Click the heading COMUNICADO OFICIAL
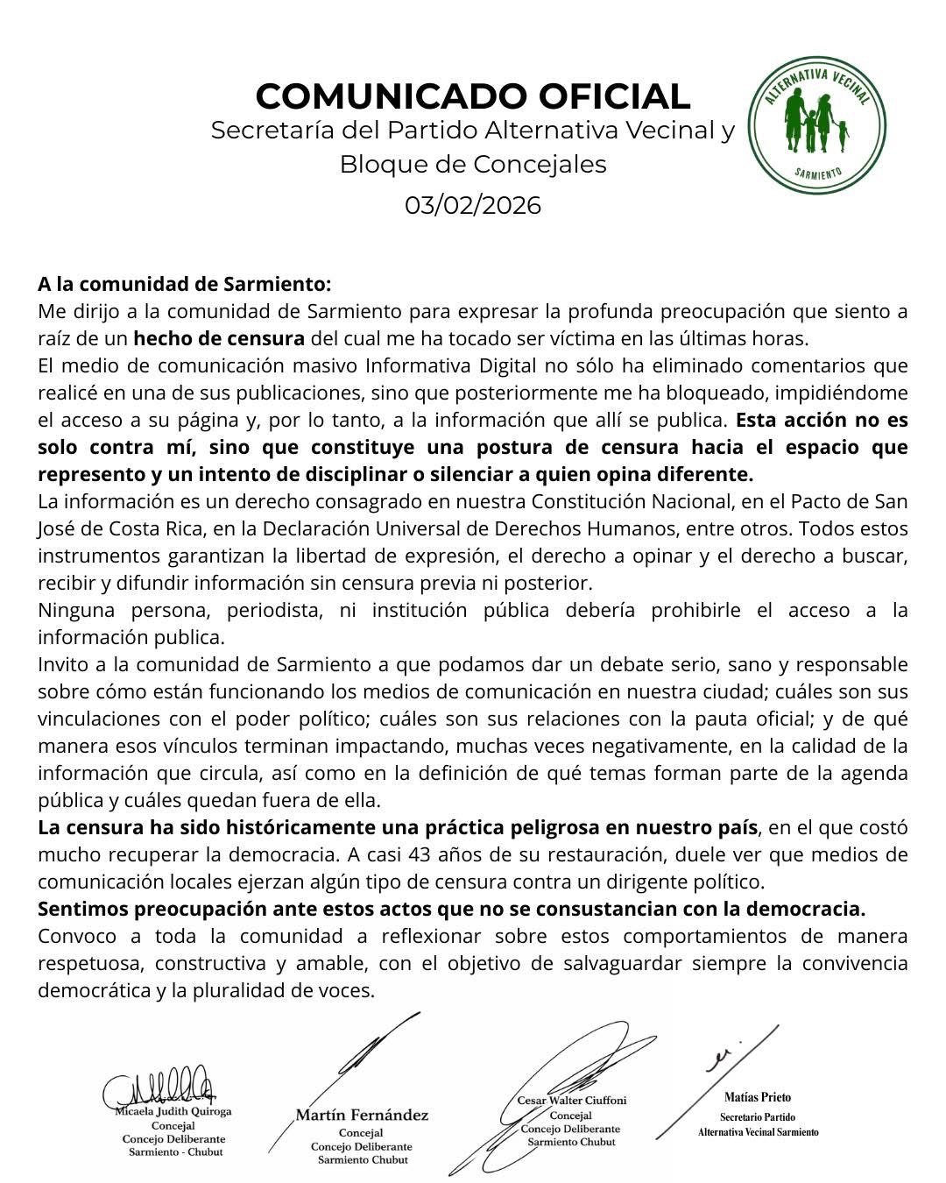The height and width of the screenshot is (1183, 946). click(473, 96)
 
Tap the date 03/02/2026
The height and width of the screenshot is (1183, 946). click(473, 205)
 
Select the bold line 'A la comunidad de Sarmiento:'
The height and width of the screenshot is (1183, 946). click(185, 284)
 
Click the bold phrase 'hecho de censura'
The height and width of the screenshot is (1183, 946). click(219, 338)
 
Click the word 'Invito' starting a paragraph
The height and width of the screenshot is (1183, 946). click(63, 664)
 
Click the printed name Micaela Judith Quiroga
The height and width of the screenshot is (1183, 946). click(173, 1111)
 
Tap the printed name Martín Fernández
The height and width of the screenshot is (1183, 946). click(362, 1116)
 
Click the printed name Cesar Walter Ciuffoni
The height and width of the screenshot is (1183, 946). click(572, 1100)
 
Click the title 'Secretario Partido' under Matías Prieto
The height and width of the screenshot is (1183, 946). click(758, 1117)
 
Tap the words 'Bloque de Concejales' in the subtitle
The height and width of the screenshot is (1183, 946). click(473, 164)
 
